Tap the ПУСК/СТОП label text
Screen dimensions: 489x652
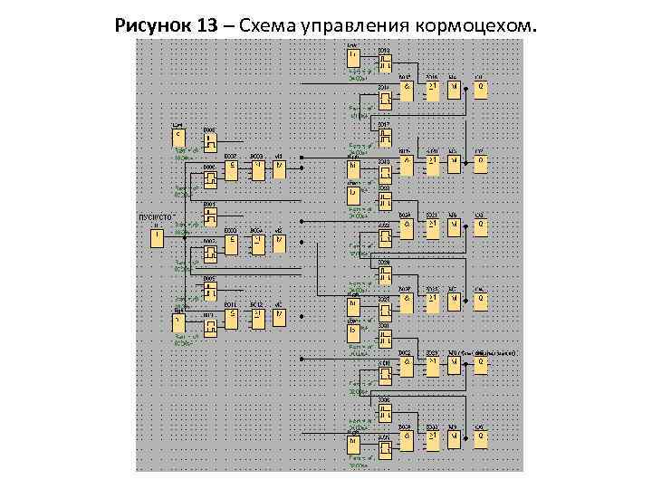(156, 217)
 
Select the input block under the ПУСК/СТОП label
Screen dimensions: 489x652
(157, 237)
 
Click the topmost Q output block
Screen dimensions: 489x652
(481, 90)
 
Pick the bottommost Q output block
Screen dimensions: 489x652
(481, 439)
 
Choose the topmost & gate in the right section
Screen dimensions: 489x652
(407, 90)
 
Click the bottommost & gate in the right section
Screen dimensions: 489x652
(407, 439)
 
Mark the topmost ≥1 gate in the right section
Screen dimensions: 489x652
(433, 90)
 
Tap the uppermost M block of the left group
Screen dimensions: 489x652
(279, 168)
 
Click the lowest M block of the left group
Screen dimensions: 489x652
(279, 317)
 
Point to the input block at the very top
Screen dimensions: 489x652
(353, 57)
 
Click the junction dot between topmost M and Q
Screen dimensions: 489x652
(466, 89)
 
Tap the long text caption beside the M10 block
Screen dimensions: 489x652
(489, 352)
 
